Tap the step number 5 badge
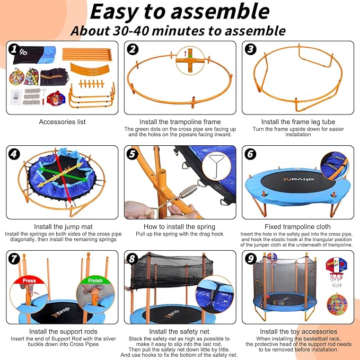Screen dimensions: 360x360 click(132, 154)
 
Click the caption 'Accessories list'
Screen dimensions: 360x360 click(62, 122)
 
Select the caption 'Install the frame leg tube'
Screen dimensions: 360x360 click(298, 122)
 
